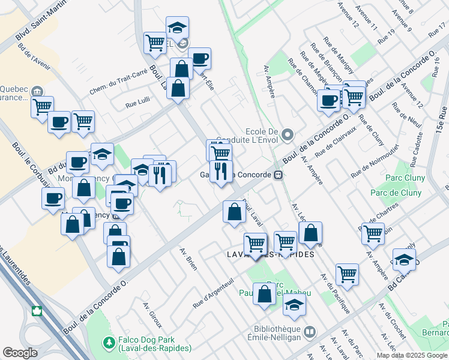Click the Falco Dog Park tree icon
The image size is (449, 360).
click(x=109, y=343)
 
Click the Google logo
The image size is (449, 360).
click(x=20, y=353)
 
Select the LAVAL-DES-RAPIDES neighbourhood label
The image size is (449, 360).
click(x=271, y=254)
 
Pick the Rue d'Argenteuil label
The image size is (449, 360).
click(x=213, y=293)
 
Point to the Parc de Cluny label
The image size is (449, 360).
click(x=395, y=193)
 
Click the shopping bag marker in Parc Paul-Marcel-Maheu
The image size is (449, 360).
click(x=265, y=294)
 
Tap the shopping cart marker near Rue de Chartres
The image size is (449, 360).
click(x=373, y=233)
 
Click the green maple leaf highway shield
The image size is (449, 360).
click(x=37, y=311)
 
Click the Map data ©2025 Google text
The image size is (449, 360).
click(x=411, y=355)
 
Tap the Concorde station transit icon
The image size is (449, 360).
click(x=277, y=175)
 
